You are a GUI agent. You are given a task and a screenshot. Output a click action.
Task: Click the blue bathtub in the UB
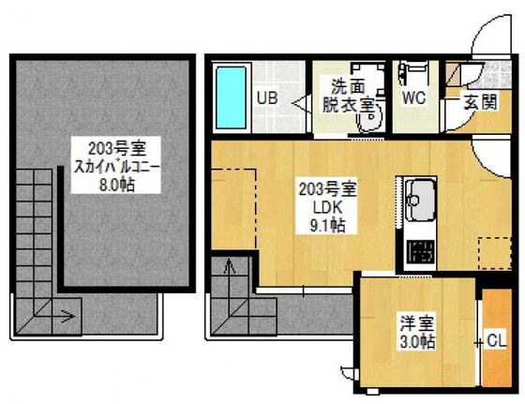click(x=231, y=97)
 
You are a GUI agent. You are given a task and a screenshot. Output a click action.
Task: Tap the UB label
click(x=265, y=97)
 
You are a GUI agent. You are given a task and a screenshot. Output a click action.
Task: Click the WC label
click(x=413, y=97)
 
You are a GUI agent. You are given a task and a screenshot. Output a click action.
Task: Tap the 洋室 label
click(x=414, y=324)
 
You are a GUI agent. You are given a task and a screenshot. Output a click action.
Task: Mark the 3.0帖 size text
click(x=414, y=342)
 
